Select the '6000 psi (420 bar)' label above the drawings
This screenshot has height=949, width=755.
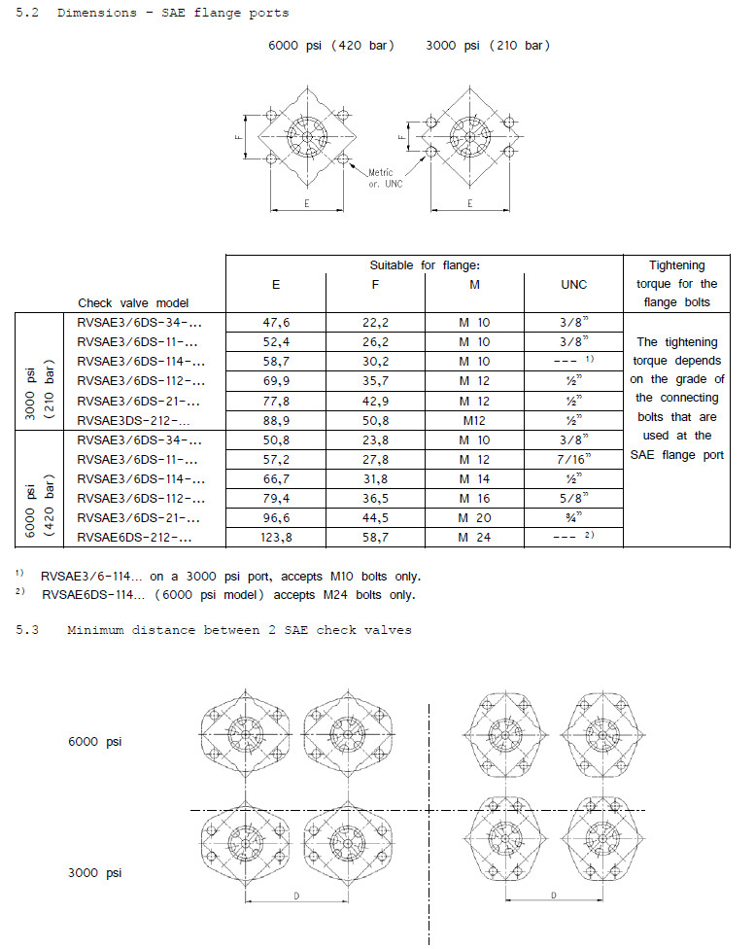pos(331,47)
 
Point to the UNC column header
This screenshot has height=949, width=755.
pos(573,284)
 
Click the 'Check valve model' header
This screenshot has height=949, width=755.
pos(133,303)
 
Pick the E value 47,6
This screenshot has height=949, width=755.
pos(276,323)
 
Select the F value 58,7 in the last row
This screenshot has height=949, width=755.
pos(374,537)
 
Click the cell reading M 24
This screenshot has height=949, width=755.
pos(473,537)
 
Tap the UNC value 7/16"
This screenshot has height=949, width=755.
pos(573,459)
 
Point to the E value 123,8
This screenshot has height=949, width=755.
pos(276,537)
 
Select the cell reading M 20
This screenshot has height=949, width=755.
pos(473,517)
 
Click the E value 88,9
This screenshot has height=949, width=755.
pos(276,420)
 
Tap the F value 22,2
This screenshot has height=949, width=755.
pos(374,323)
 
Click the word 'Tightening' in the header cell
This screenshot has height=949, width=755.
pos(677,265)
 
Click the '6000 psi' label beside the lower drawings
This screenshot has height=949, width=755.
pos(95,742)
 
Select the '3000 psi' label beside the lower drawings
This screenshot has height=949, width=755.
pos(95,872)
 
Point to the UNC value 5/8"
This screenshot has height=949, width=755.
pos(573,498)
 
